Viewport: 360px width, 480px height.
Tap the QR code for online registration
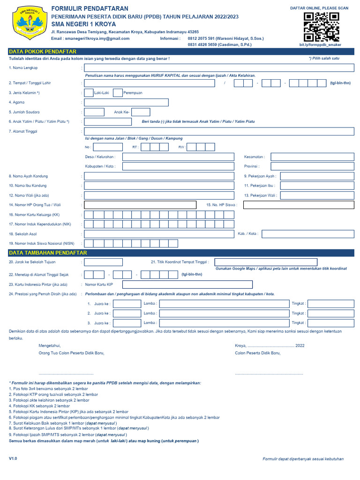tap(321, 27)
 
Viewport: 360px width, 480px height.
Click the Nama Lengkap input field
tap(219, 68)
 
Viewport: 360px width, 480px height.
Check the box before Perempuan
tap(118, 93)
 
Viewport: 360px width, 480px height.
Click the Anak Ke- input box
tap(141, 112)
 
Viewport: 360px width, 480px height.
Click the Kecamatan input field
tap(312, 157)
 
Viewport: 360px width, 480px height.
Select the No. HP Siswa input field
tap(299, 205)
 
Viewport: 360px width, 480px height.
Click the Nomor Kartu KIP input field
tap(187, 285)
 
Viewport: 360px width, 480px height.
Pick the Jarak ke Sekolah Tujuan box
tap(104, 262)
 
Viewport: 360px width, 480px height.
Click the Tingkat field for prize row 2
tap(331, 313)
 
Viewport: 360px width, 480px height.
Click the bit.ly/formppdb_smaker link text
tap(320, 45)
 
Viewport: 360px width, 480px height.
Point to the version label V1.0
tap(13, 458)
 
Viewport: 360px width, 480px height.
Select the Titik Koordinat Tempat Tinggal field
tap(284, 262)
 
